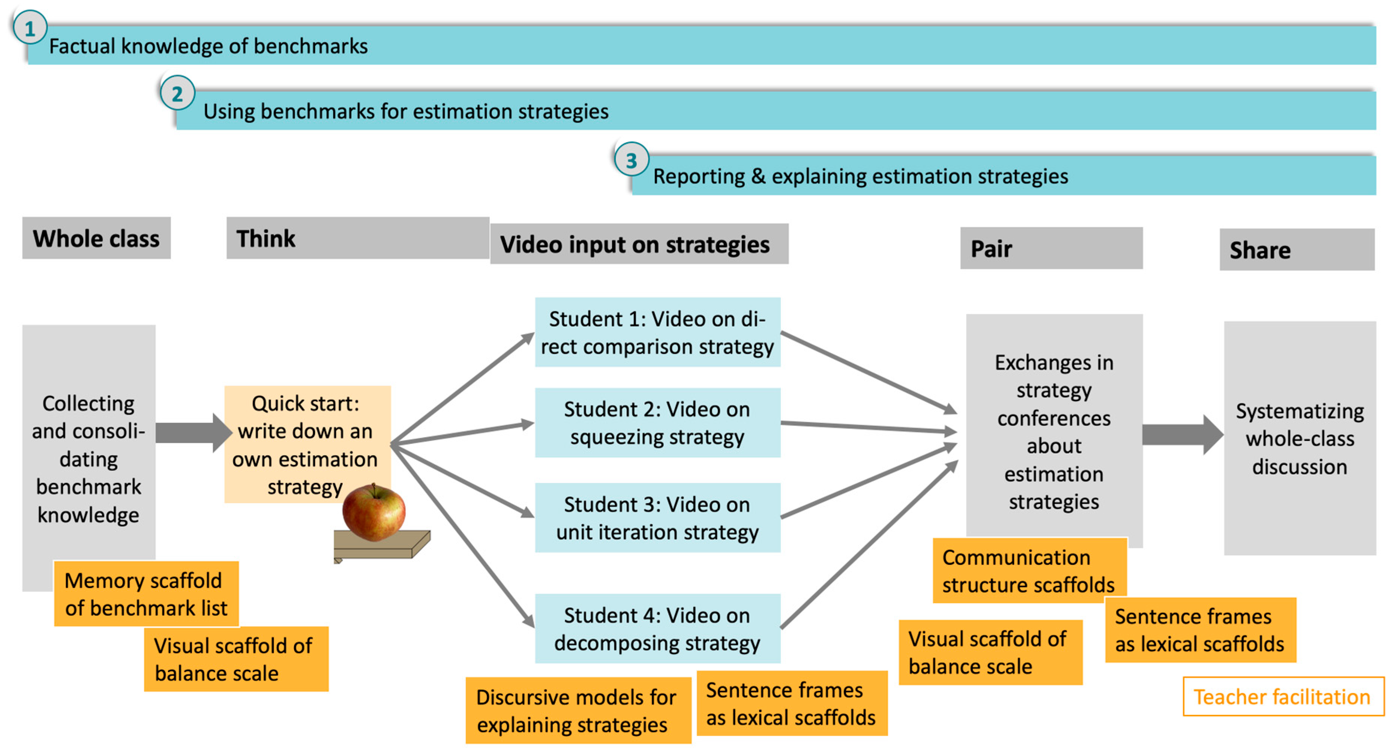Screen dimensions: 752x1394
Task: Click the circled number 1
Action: [x=30, y=28]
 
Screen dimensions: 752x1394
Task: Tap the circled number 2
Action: [x=177, y=94]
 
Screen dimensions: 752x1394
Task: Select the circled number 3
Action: [x=631, y=160]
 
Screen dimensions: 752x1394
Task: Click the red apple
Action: [x=374, y=512]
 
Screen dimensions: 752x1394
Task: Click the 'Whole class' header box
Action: [x=96, y=238]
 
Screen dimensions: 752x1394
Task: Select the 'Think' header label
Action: [x=266, y=238]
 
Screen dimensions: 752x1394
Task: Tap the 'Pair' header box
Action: [x=1051, y=248]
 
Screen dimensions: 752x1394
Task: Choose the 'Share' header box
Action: [x=1296, y=250]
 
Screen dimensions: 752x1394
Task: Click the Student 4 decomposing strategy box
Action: [x=657, y=629]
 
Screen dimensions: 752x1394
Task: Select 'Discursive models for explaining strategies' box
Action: [x=578, y=710]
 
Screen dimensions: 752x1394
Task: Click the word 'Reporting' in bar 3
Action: [x=699, y=176]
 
